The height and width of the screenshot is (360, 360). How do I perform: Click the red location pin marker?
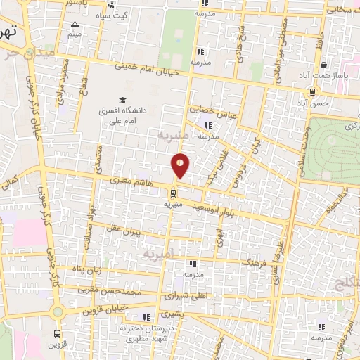click(181, 165)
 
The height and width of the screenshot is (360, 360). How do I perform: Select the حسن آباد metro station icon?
click(312, 92)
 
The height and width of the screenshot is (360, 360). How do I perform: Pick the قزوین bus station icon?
click(58, 334)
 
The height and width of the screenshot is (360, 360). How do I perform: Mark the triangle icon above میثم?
click(74, 25)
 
